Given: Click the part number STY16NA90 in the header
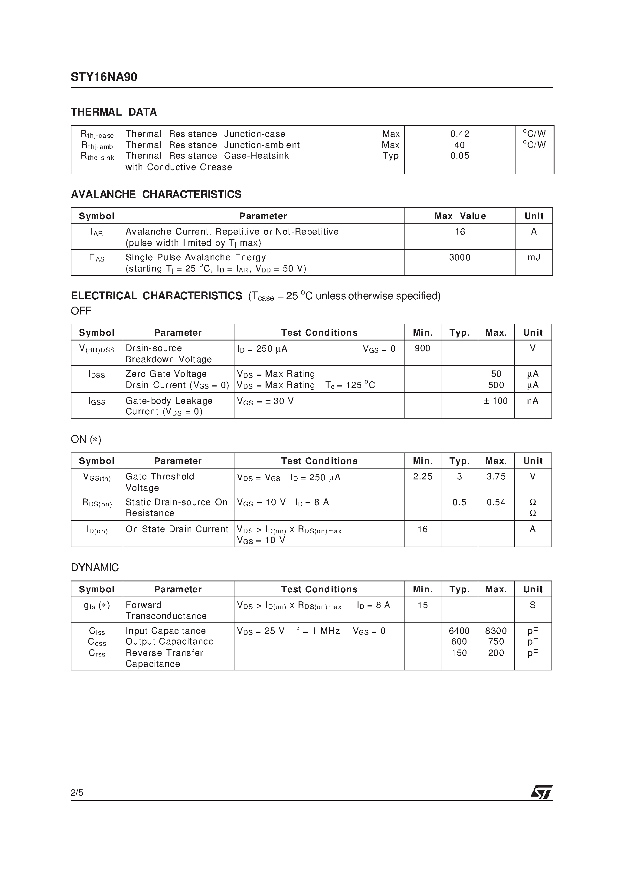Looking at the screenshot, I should (104, 77).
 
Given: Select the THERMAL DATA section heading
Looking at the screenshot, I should (114, 112).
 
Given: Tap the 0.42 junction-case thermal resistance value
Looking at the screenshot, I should (460, 134).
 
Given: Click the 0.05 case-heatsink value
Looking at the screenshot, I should (460, 156).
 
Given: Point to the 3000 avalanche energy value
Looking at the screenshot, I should (460, 258).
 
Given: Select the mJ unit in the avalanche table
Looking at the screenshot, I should (534, 258).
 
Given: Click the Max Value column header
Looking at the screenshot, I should (460, 216).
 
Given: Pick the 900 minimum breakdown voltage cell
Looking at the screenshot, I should (422, 348).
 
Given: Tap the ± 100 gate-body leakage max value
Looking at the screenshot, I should (496, 401).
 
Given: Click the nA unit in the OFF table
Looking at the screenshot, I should (532, 401).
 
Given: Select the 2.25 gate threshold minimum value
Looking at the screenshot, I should (422, 477).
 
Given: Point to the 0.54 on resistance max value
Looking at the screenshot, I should (496, 502).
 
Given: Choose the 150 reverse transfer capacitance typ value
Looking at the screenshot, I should (459, 653).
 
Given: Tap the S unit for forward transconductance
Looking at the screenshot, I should (532, 605).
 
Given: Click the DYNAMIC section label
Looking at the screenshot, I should (95, 568).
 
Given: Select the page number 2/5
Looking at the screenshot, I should (77, 792).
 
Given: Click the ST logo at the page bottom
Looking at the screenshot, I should (542, 792).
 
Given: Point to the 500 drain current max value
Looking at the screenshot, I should (496, 385).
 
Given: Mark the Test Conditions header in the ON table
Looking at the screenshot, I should (319, 461).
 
